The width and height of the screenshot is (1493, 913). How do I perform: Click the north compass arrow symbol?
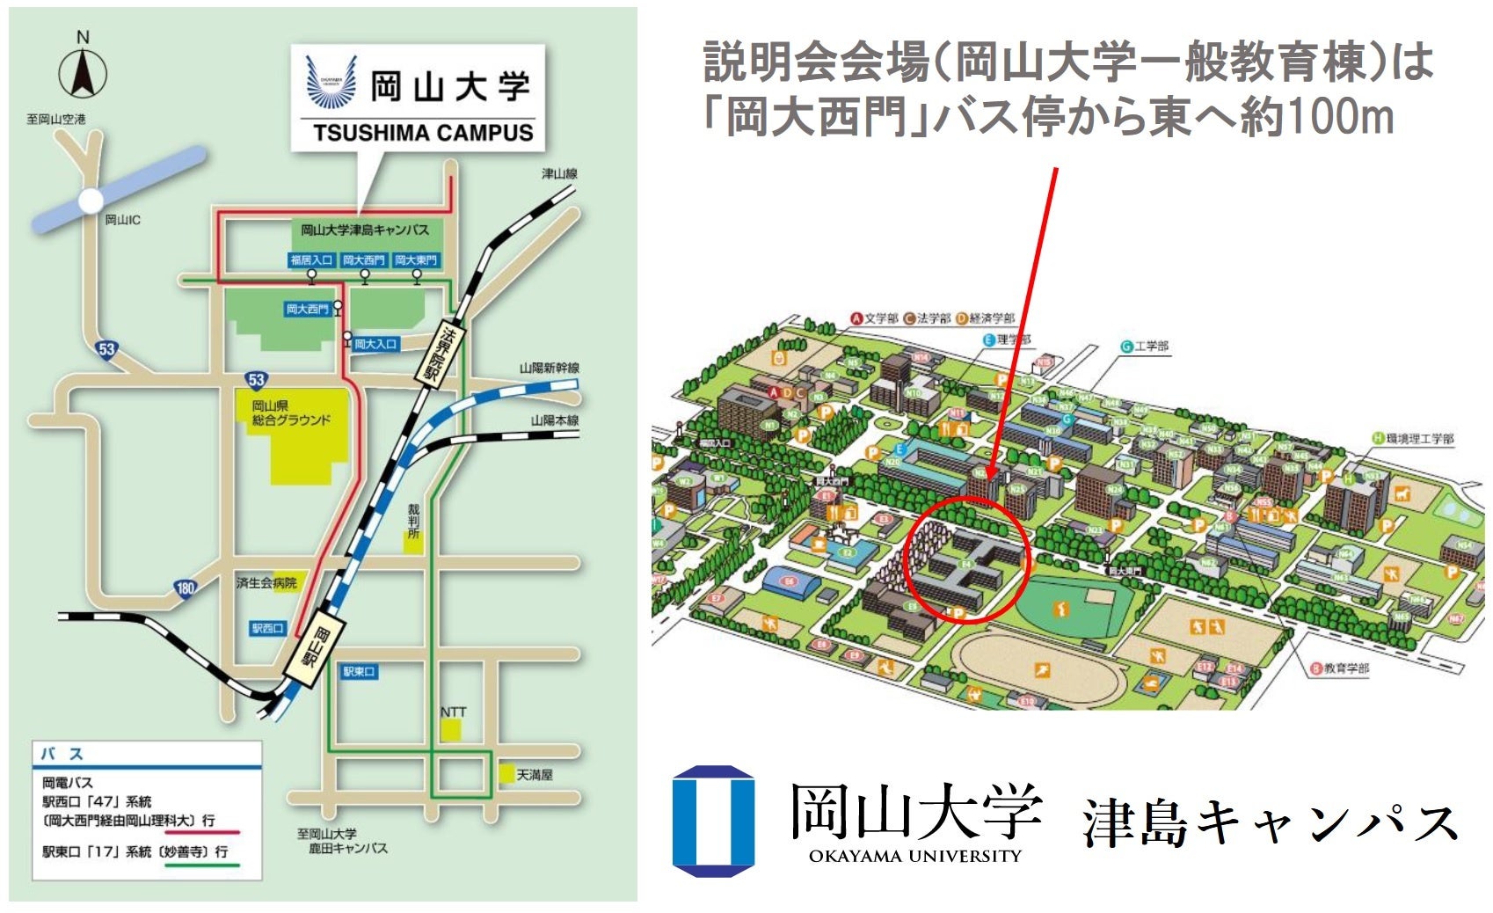click(x=83, y=72)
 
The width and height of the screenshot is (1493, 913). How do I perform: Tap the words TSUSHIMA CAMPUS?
click(x=423, y=133)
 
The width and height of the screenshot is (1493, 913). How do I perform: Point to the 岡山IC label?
click(x=122, y=220)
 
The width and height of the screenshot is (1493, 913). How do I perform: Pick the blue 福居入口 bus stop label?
click(x=311, y=260)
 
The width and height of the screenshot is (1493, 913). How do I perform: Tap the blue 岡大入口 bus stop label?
click(x=376, y=344)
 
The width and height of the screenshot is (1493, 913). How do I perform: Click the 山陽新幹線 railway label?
click(x=549, y=368)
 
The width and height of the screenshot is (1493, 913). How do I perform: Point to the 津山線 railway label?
click(x=559, y=174)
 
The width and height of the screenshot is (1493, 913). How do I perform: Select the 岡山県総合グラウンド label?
click(x=291, y=413)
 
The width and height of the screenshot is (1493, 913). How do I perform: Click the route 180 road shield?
click(x=185, y=588)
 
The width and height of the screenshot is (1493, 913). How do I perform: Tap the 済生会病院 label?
click(x=266, y=582)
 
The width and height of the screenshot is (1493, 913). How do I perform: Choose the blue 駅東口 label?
click(x=359, y=672)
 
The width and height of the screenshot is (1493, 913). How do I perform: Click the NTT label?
click(x=453, y=712)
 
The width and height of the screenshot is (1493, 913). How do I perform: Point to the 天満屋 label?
click(x=534, y=775)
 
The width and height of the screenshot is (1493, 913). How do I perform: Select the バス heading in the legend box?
click(x=62, y=754)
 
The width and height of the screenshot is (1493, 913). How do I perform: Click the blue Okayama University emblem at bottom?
click(x=713, y=821)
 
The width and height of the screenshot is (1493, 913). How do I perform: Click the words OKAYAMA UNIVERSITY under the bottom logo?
click(x=914, y=856)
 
